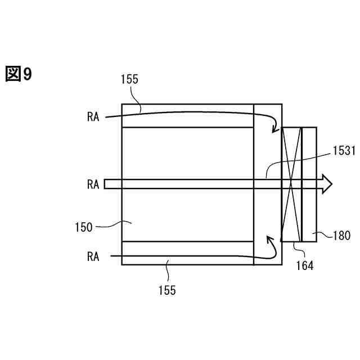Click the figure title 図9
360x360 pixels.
(x=19, y=74)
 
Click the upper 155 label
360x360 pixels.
(x=129, y=80)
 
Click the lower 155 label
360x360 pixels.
(x=167, y=290)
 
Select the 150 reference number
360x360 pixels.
(x=83, y=228)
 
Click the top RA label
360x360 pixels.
(x=93, y=116)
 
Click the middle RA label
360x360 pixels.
(x=93, y=184)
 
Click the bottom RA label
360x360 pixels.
(x=93, y=256)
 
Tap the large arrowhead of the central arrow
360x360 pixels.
(x=326, y=184)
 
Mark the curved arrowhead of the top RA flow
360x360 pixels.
(x=274, y=129)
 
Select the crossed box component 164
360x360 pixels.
(x=291, y=184)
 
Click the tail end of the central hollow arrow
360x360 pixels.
(x=107, y=184)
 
